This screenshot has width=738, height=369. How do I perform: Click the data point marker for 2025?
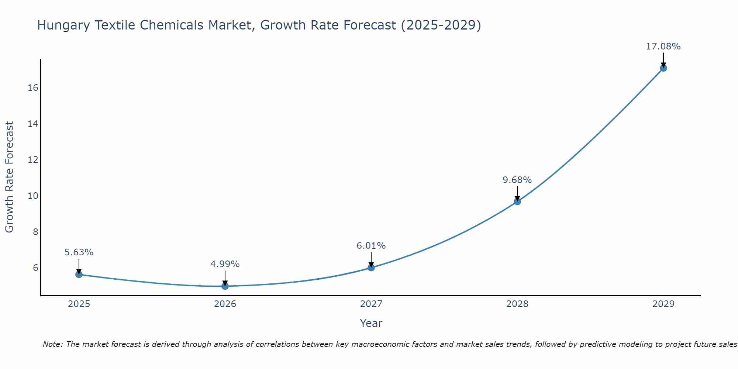point(79,274)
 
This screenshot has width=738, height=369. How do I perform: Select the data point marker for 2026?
point(225,286)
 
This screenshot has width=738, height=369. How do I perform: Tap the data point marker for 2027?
point(371,268)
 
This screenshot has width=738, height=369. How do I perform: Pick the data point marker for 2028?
point(517,201)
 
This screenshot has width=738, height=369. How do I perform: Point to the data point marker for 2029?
point(663,68)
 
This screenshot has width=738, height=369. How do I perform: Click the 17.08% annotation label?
point(663,46)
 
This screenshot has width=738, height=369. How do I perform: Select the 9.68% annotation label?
point(517,180)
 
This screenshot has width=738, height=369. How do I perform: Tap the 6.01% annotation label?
point(371,246)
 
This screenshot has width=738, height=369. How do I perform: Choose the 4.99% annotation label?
point(225,264)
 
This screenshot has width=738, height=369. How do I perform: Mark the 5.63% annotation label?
point(79,252)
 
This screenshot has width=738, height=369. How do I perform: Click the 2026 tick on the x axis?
point(225,304)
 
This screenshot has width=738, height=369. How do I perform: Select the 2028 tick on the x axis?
point(517,304)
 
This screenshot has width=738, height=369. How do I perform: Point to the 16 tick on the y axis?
point(33,88)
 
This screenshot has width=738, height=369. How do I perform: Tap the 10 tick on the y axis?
point(33,196)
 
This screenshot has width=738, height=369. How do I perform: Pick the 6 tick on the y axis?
point(35,268)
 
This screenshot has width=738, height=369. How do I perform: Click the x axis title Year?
point(371,323)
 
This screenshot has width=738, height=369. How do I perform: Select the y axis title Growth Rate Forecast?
point(9,177)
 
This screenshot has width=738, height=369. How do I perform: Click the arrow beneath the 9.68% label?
point(517,193)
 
